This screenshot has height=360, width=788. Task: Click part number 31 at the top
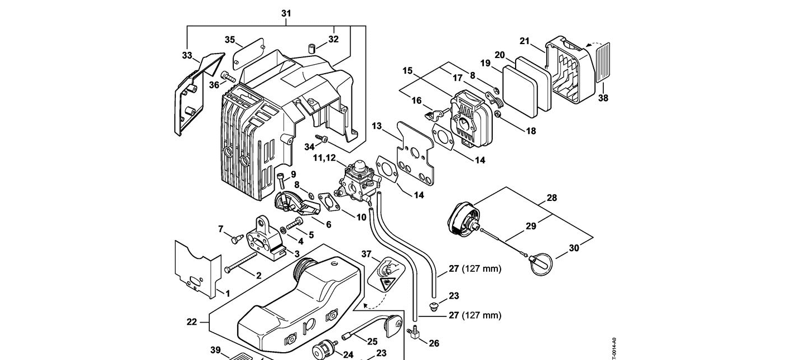click(286, 13)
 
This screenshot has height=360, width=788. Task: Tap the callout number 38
click(603, 98)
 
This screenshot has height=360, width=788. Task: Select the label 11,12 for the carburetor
click(324, 158)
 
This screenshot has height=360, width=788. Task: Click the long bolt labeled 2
click(241, 262)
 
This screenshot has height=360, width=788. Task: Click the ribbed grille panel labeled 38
click(602, 62)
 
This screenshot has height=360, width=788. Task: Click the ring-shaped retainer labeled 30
click(541, 263)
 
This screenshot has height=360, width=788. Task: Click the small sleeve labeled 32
click(313, 49)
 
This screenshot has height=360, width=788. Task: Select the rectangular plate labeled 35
click(246, 54)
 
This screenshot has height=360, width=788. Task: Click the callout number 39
click(215, 350)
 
